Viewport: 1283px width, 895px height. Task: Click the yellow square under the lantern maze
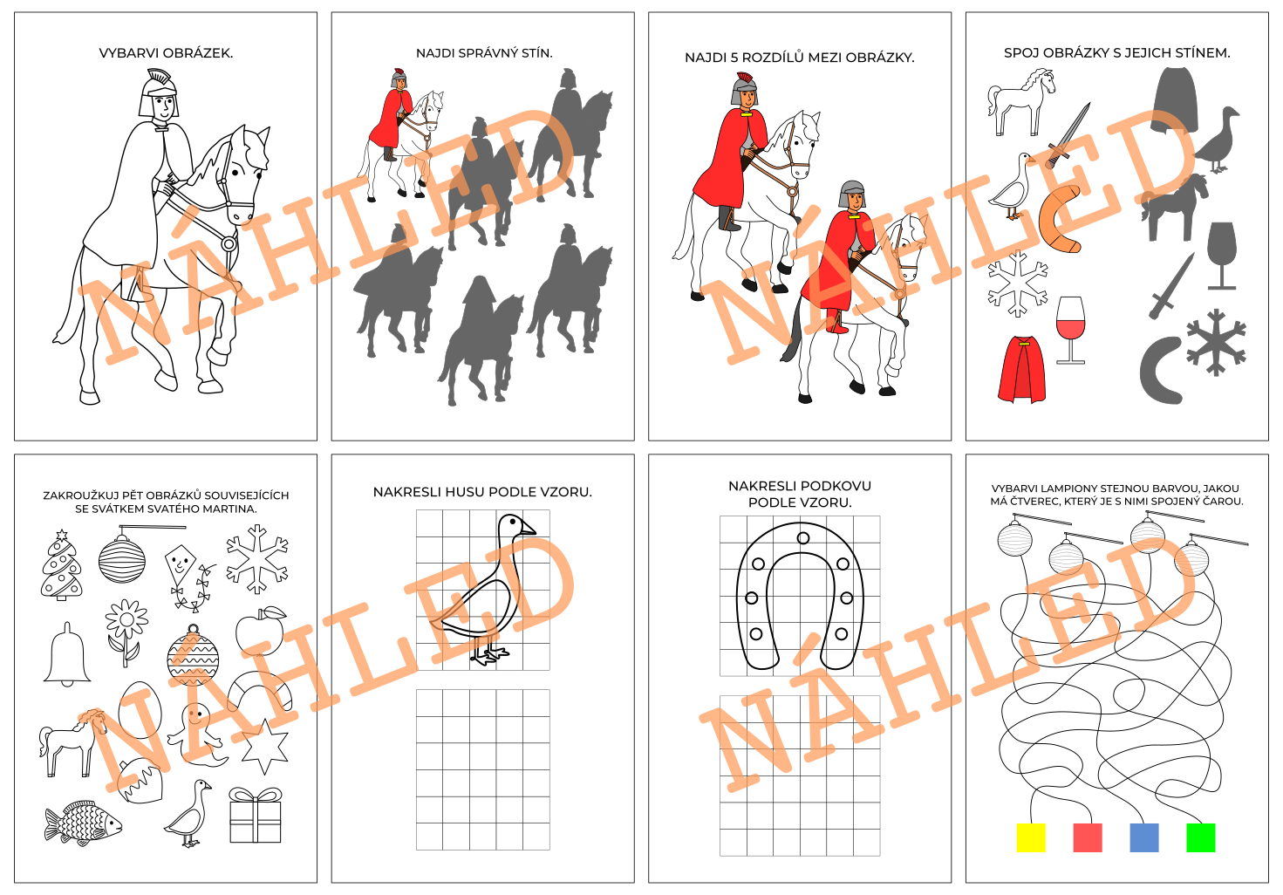[x=1031, y=837]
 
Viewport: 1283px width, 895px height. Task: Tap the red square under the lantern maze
[x=1088, y=837]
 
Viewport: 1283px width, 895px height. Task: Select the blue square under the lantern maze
[x=1144, y=837]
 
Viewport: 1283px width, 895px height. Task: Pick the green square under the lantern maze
[x=1201, y=837]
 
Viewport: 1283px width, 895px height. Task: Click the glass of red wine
[x=1070, y=330]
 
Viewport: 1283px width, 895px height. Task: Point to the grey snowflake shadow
[x=1216, y=343]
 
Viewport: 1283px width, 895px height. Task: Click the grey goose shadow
[x=1218, y=140]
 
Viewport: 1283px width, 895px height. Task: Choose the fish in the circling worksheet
[x=84, y=823]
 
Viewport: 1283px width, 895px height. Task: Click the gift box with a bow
[x=256, y=815]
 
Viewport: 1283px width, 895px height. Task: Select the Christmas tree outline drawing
[x=61, y=565]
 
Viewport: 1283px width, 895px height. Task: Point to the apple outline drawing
[x=261, y=631]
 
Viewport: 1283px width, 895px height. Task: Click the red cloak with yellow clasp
[x=1022, y=369]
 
